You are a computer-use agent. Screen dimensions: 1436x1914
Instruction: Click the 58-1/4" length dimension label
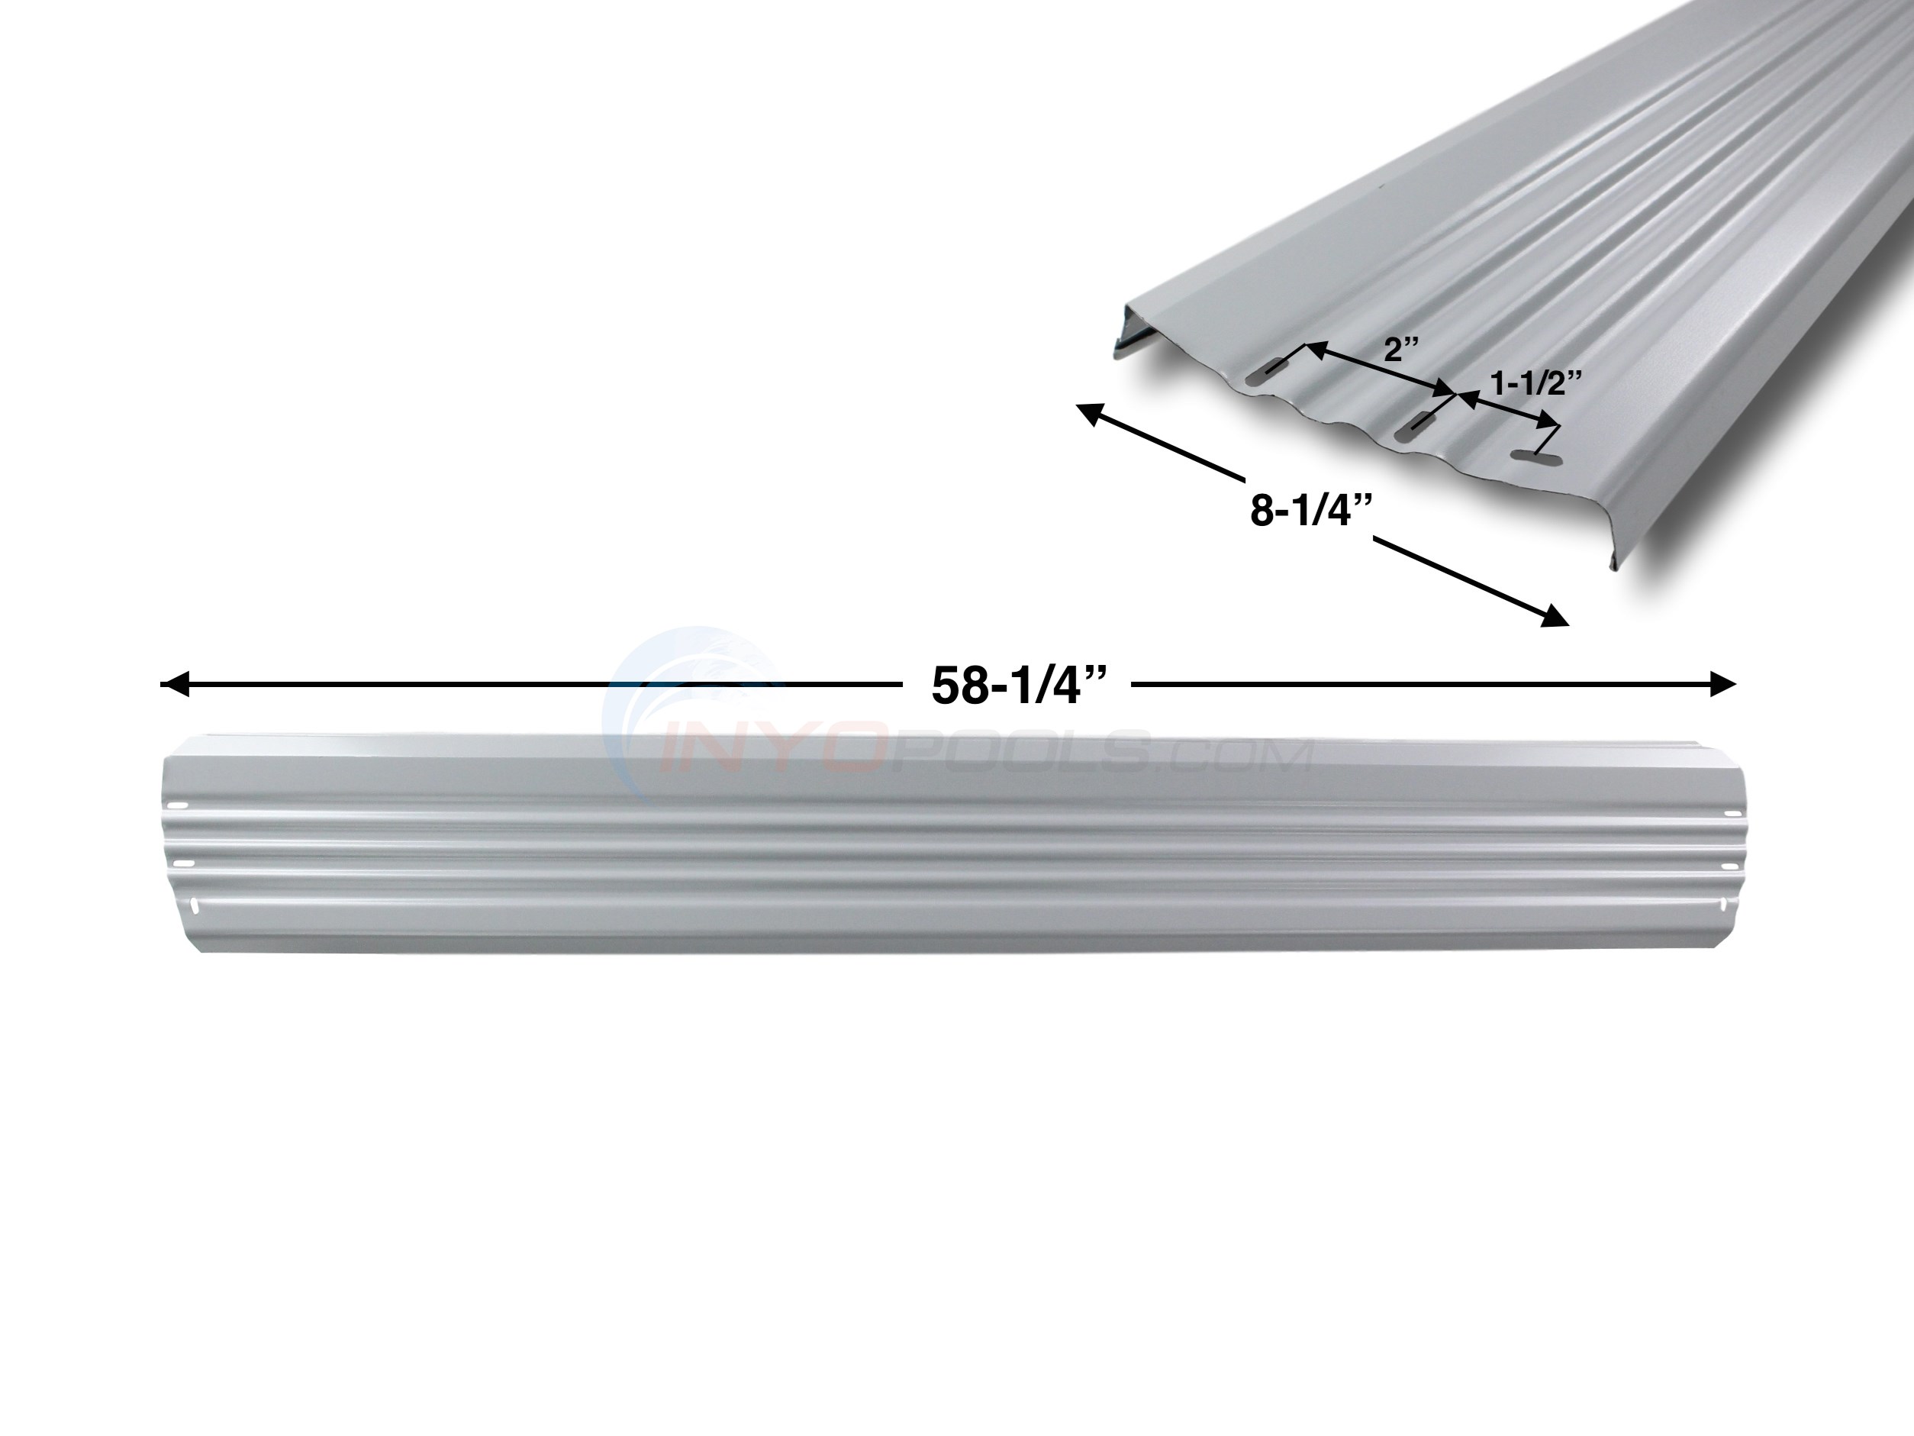tap(1017, 686)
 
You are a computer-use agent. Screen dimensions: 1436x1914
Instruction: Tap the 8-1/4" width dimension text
tap(1310, 511)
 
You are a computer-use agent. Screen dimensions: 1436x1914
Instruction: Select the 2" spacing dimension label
tap(1402, 350)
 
